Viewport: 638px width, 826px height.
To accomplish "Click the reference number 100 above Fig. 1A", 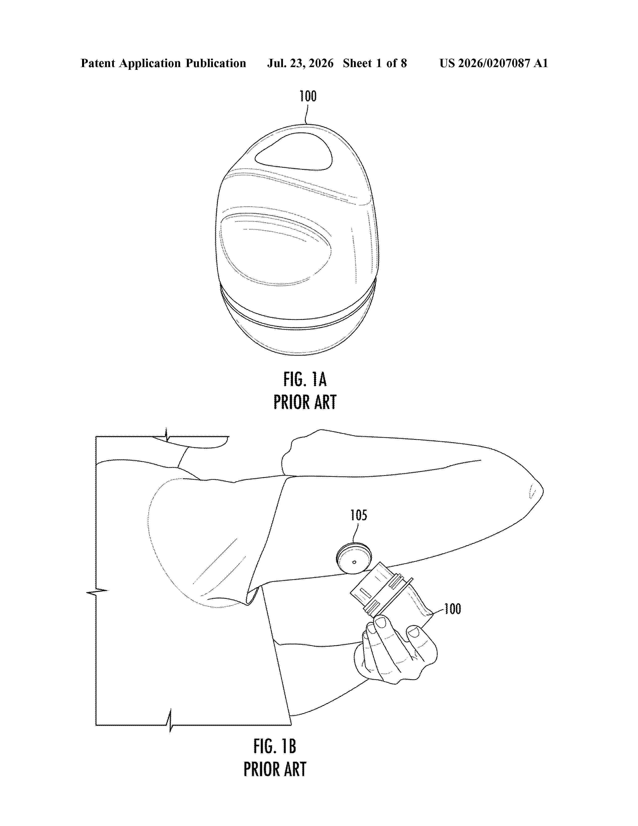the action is pyautogui.click(x=308, y=96).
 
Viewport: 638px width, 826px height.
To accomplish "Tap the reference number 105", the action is pyautogui.click(x=359, y=515).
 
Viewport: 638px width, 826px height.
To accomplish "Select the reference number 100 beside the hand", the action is pyautogui.click(x=452, y=609).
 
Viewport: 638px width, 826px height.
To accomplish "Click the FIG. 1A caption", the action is pyautogui.click(x=305, y=379).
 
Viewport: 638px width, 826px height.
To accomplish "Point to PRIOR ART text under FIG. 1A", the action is pyautogui.click(x=305, y=402).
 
